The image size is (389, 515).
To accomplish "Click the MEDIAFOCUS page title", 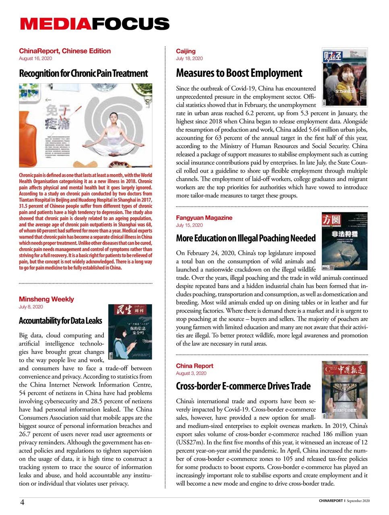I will pyautogui.click(x=95, y=24).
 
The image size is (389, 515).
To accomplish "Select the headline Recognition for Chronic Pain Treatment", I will pyautogui.click(x=83, y=74).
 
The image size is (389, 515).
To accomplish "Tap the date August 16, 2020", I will pyautogui.click(x=35, y=58).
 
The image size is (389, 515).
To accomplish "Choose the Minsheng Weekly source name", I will pyautogui.click(x=46, y=299).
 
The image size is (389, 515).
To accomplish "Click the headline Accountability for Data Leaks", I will pyautogui.click(x=60, y=321).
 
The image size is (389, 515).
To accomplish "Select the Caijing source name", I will pyautogui.click(x=186, y=51).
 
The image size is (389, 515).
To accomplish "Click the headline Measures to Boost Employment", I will pyautogui.click(x=239, y=73).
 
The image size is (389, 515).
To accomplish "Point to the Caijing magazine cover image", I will pyautogui.click(x=345, y=77).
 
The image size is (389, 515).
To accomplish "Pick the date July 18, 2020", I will pyautogui.click(x=189, y=58).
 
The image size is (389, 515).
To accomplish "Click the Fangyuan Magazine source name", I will pyautogui.click(x=204, y=218).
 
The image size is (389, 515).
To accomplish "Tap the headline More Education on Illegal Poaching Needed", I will pyautogui.click(x=246, y=238).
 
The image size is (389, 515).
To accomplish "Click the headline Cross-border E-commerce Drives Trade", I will pyautogui.click(x=243, y=386).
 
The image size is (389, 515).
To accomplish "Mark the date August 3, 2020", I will pyautogui.click(x=191, y=373).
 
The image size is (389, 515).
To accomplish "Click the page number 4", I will pyautogui.click(x=23, y=502).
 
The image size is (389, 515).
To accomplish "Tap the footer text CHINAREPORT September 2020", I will pyautogui.click(x=344, y=501).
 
